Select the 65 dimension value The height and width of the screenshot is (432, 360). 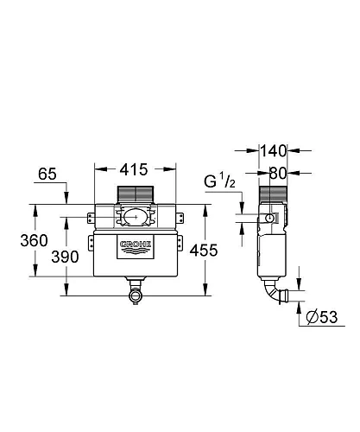[47, 176]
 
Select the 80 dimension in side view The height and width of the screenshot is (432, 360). [279, 172]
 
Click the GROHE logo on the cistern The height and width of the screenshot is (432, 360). [135, 245]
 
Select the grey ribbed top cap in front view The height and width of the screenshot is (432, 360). [134, 194]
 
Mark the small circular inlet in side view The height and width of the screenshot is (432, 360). [270, 220]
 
